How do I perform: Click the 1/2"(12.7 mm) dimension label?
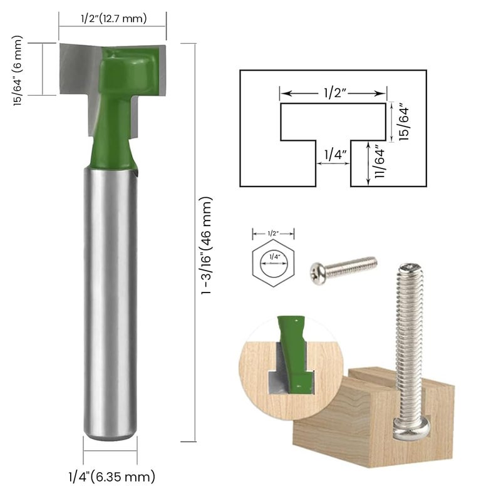click(113, 18)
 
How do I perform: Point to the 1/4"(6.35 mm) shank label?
click(112, 477)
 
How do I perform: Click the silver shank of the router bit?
click(110, 301)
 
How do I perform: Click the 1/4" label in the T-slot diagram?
click(333, 152)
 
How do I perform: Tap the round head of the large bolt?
click(411, 429)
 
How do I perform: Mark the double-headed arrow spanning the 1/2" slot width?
click(333, 93)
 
